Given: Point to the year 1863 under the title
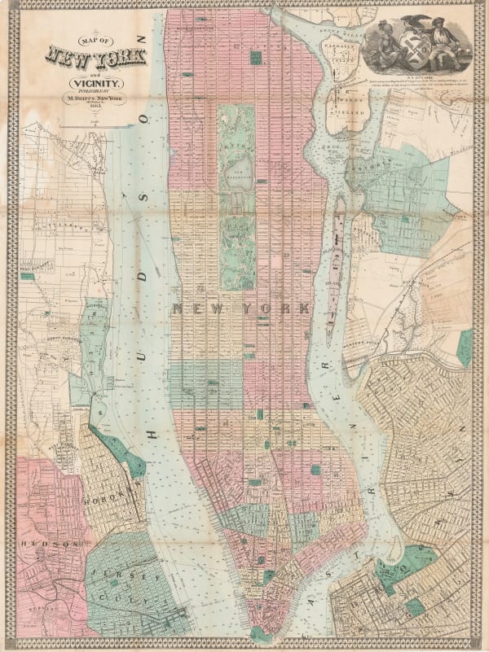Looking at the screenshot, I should click(97, 107).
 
